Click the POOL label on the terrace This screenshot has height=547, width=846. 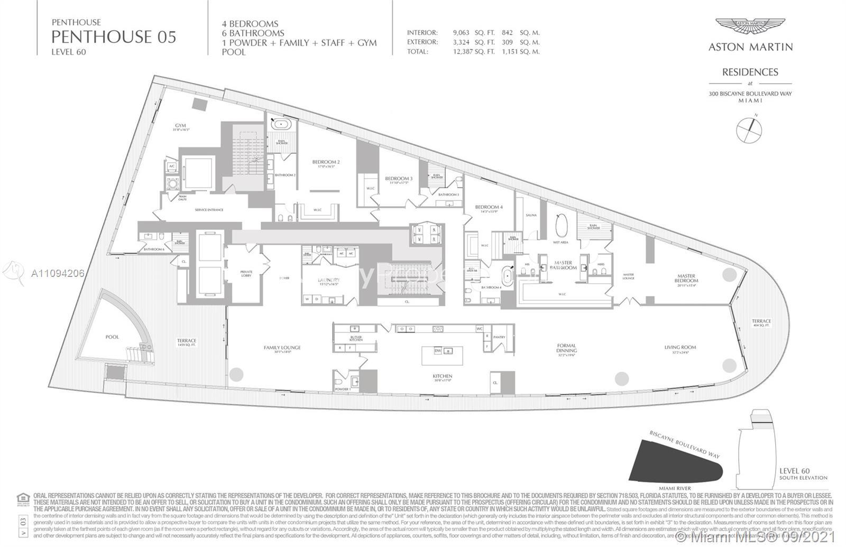(x=112, y=337)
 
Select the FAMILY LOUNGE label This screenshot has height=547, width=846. (x=282, y=348)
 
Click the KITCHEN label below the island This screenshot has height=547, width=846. (x=442, y=376)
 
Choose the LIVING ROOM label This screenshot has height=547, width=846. (x=680, y=347)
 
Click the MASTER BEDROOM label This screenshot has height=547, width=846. (x=686, y=279)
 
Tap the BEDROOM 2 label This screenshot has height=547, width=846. (x=326, y=162)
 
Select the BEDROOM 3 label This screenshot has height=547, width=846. (x=399, y=179)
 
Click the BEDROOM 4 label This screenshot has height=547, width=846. (x=489, y=207)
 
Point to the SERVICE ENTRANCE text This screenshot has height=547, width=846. (x=209, y=210)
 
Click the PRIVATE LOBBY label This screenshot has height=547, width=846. (x=246, y=274)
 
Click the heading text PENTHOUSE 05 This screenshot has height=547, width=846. (x=113, y=36)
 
